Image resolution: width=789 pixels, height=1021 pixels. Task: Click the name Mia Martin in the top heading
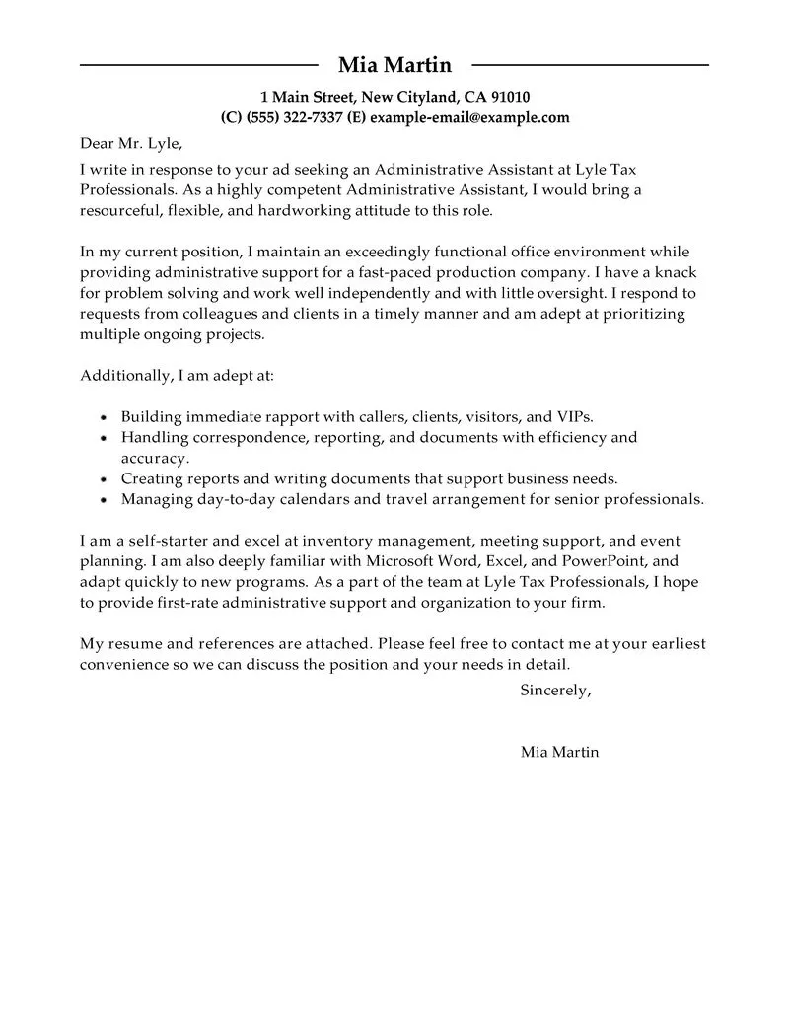pyautogui.click(x=394, y=65)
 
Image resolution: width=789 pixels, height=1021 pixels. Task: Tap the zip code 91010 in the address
pyautogui.click(x=510, y=97)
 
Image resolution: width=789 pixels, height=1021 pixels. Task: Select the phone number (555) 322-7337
pyautogui.click(x=293, y=117)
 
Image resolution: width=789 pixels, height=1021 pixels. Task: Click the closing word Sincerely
pyautogui.click(x=554, y=691)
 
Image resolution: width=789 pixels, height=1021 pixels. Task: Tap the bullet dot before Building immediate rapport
pyautogui.click(x=105, y=417)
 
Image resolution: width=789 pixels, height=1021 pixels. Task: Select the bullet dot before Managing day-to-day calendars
pyautogui.click(x=105, y=500)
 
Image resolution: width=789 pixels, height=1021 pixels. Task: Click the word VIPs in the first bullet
pyautogui.click(x=572, y=416)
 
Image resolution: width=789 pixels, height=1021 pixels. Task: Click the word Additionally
pyautogui.click(x=123, y=376)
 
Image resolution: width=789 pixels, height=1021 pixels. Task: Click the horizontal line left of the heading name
pyautogui.click(x=198, y=66)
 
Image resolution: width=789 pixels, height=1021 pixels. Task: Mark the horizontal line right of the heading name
pyautogui.click(x=590, y=66)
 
